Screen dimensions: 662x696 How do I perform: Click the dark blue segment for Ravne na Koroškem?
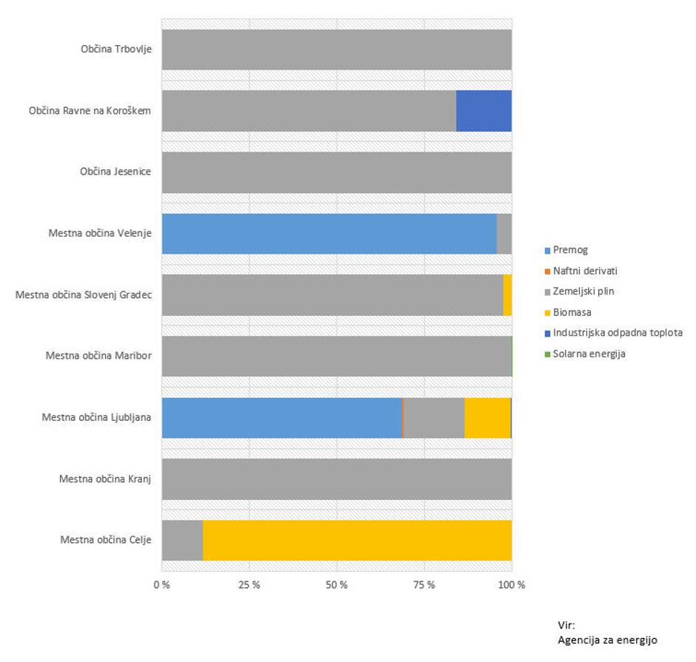pos(483,111)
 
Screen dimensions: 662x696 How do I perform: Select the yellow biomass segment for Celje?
pos(357,540)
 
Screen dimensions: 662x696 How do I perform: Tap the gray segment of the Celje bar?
pos(181,540)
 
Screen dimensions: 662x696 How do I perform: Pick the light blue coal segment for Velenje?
pos(329,234)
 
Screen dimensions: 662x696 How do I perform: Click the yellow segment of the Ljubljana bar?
pos(486,418)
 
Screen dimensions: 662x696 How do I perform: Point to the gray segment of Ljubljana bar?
pos(434,418)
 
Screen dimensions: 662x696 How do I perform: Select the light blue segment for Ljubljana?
pos(281,418)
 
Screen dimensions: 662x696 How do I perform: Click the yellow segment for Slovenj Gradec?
pos(507,295)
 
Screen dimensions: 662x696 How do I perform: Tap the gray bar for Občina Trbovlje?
pos(336,50)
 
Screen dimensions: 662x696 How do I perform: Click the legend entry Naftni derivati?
pos(584,271)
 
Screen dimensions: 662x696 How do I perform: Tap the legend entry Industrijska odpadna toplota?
pos(617,333)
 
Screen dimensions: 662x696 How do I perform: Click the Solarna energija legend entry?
pos(589,354)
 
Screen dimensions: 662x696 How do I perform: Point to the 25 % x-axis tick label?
pos(249,585)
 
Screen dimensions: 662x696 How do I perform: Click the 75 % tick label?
pos(424,585)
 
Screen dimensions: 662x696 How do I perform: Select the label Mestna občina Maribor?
pos(98,356)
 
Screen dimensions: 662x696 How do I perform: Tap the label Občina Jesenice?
pos(116,172)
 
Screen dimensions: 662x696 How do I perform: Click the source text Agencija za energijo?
pos(606,640)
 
